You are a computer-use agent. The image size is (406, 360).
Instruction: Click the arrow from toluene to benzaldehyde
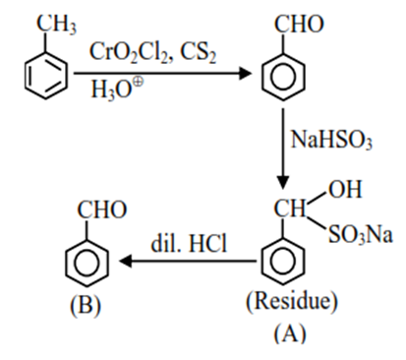point(157,75)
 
